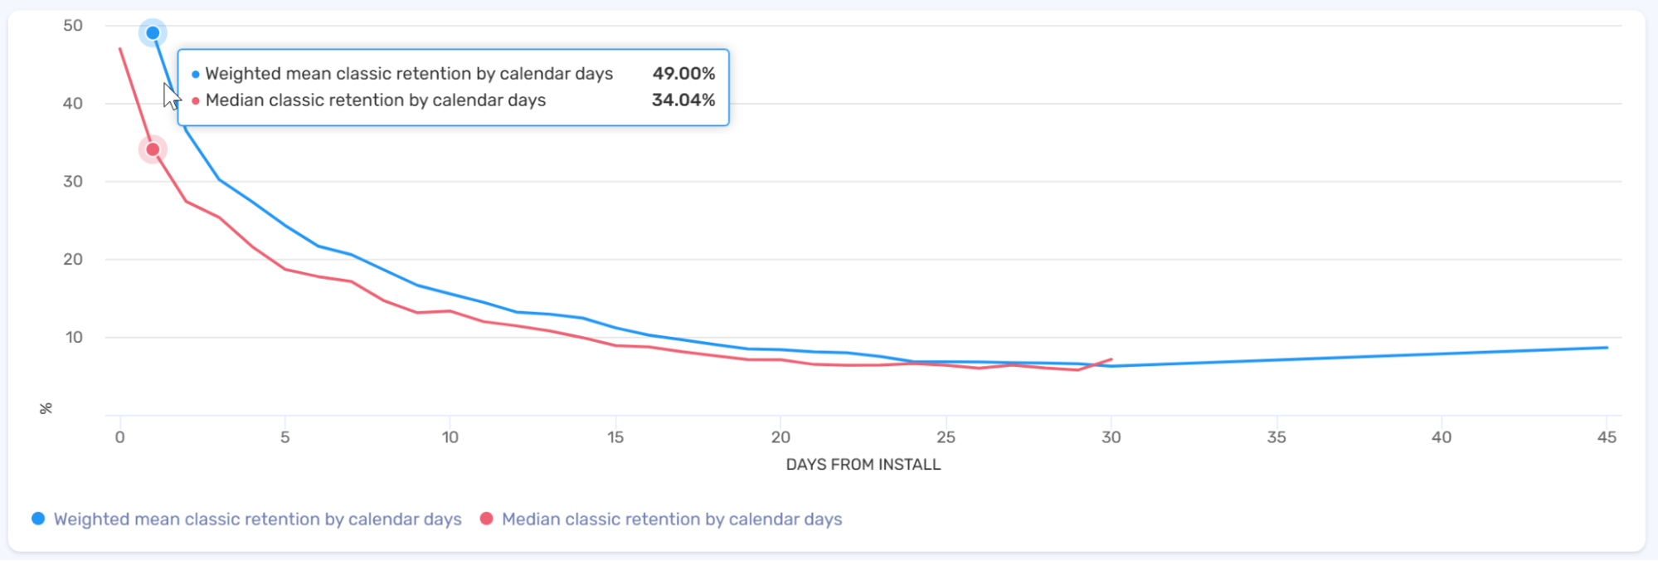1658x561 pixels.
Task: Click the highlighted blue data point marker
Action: (x=153, y=33)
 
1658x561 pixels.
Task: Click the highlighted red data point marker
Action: (x=153, y=149)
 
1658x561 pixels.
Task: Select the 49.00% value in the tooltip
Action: (x=683, y=74)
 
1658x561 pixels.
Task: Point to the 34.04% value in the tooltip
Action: (x=683, y=100)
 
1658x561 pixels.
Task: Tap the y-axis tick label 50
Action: (x=73, y=26)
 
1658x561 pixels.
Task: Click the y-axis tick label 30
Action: (x=73, y=182)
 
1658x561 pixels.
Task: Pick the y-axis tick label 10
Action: (x=74, y=338)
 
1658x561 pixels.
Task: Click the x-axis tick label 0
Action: (x=120, y=437)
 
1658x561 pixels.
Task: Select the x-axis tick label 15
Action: (x=615, y=437)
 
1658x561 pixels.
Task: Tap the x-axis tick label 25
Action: (x=946, y=437)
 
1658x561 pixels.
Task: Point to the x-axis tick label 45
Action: (x=1607, y=437)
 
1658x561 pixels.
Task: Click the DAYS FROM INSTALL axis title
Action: (x=863, y=465)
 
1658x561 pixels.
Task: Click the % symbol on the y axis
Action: (x=46, y=408)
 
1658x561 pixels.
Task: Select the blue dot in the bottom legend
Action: (x=38, y=519)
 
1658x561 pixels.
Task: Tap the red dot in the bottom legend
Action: (x=487, y=519)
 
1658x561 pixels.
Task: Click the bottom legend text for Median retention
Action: (x=672, y=520)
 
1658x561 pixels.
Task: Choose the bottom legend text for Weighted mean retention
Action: (x=257, y=520)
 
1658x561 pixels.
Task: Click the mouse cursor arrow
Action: (x=170, y=95)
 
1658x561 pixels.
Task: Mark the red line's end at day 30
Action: (x=1111, y=360)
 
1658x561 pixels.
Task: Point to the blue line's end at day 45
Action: (x=1607, y=348)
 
